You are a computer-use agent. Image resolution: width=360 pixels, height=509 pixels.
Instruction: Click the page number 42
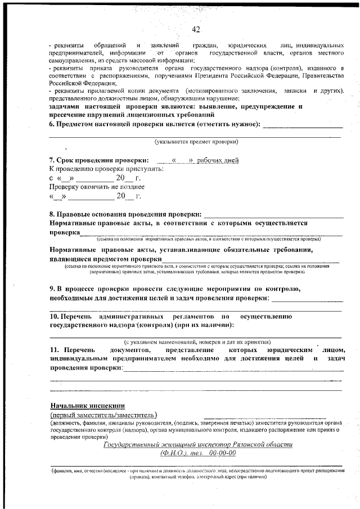[x=196, y=29]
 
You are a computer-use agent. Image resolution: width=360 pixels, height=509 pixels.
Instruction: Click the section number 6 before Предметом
[x=52, y=124]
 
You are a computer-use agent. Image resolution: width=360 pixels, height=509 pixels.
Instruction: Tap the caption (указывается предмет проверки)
[x=197, y=141]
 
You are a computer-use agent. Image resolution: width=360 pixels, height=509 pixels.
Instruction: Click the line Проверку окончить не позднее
[x=97, y=186]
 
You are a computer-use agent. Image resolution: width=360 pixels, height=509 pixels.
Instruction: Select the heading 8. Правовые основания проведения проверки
[x=125, y=214]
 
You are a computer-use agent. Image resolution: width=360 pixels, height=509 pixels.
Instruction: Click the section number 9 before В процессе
[x=52, y=289]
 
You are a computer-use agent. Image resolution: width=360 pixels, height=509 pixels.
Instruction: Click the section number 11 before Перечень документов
[x=53, y=350]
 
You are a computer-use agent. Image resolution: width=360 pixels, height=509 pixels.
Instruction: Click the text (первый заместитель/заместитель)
[x=103, y=415]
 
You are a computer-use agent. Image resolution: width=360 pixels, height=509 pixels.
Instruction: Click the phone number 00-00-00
[x=222, y=453]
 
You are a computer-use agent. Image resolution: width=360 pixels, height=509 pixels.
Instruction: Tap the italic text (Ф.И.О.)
[x=176, y=453]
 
